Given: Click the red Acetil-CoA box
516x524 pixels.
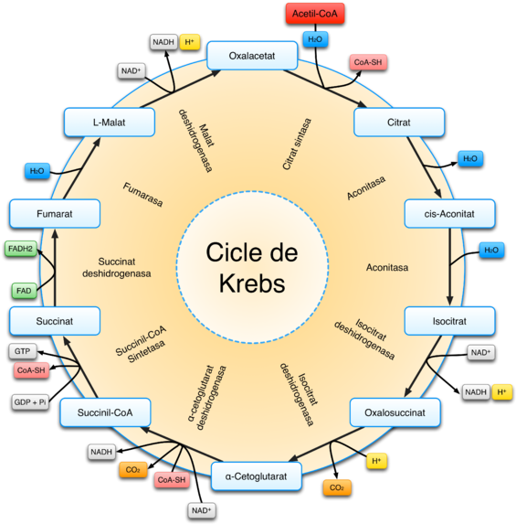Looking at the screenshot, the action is pyautogui.click(x=315, y=14).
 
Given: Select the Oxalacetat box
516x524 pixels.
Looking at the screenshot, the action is pyautogui.click(x=252, y=56).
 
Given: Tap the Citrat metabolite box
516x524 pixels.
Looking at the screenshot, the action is pyautogui.click(x=399, y=123).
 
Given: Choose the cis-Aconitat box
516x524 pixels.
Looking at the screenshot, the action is pyautogui.click(x=449, y=214).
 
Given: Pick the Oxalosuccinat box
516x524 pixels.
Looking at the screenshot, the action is pyautogui.click(x=395, y=412).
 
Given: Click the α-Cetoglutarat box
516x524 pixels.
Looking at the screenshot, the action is pyautogui.click(x=256, y=476).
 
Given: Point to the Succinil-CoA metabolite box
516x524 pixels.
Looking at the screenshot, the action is pyautogui.click(x=105, y=412).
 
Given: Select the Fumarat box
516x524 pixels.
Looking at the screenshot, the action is pyautogui.click(x=55, y=214).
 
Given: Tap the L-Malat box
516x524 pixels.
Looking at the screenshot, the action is pyautogui.click(x=110, y=123).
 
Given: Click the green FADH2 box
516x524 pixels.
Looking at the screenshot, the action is pyautogui.click(x=20, y=249).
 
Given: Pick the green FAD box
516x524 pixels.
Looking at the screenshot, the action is pyautogui.click(x=24, y=291).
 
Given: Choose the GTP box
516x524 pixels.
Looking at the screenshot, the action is pyautogui.click(x=22, y=351).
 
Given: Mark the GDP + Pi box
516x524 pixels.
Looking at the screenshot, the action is pyautogui.click(x=30, y=402).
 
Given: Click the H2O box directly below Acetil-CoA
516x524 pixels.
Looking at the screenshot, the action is pyautogui.click(x=315, y=39).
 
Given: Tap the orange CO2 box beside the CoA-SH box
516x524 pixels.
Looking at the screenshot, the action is pyautogui.click(x=132, y=470).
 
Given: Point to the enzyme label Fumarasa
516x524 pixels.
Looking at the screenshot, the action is pyautogui.click(x=142, y=195).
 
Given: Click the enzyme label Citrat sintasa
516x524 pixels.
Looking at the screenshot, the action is pyautogui.click(x=297, y=144).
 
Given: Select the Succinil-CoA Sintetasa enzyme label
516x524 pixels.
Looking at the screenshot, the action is pyautogui.click(x=142, y=345).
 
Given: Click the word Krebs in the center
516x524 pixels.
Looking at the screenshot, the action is pyautogui.click(x=252, y=283).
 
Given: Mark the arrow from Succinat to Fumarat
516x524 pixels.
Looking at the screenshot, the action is pyautogui.click(x=55, y=267).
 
